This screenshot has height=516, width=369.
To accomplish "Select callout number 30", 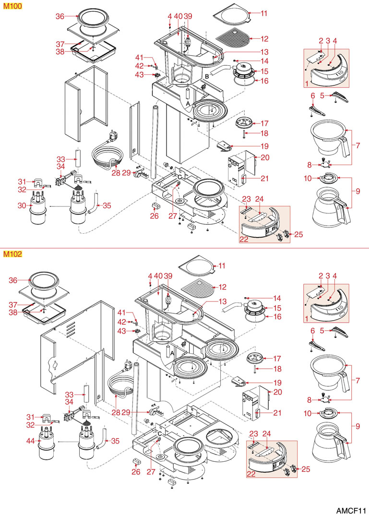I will click(21, 205).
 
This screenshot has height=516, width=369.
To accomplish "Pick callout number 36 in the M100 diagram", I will click(60, 16).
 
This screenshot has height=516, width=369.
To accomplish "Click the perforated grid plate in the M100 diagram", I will click(232, 36).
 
